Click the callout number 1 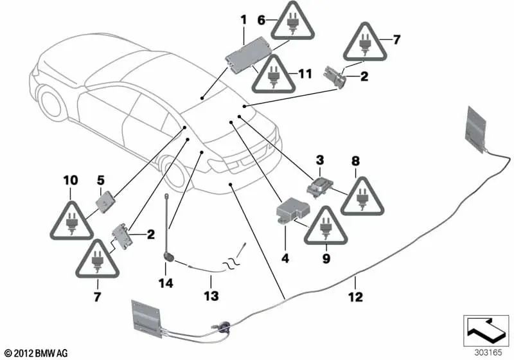pos(244,20)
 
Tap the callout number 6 pos(261,20)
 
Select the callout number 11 pos(305,74)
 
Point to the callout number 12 pos(356,297)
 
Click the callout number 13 pos(211,296)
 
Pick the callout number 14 pos(166,283)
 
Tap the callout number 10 pos(71,180)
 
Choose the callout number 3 pos(320,160)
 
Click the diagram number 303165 pos(488,352)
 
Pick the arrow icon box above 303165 pos(486,330)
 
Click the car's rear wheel pos(175,173)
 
